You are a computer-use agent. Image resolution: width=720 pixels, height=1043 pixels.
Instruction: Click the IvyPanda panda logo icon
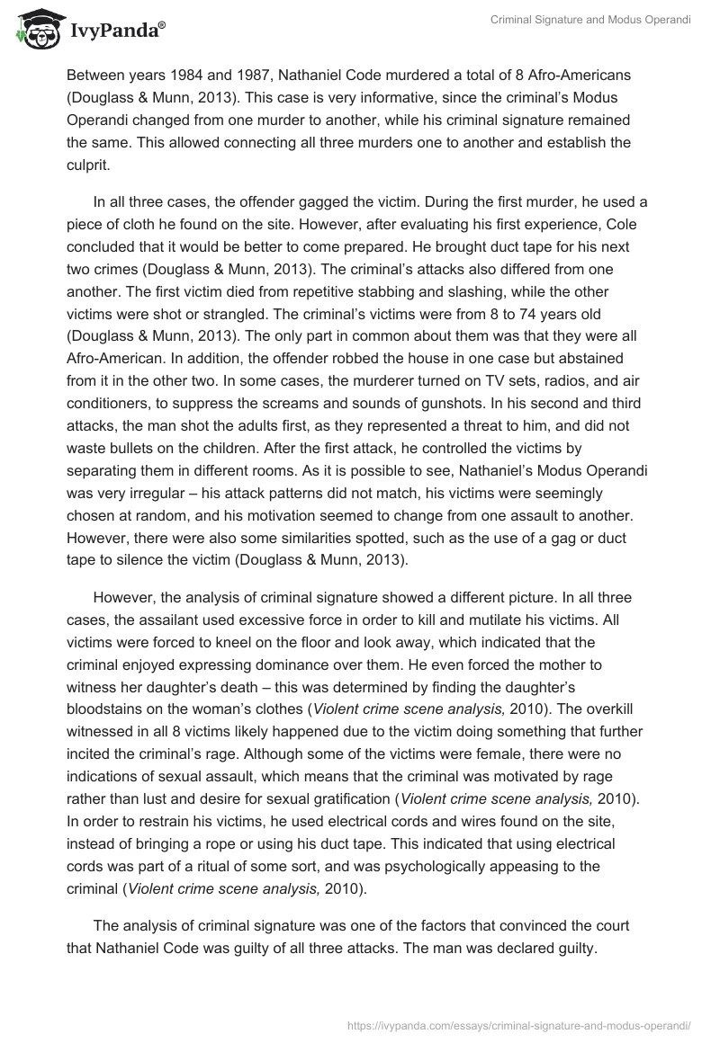(x=34, y=29)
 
